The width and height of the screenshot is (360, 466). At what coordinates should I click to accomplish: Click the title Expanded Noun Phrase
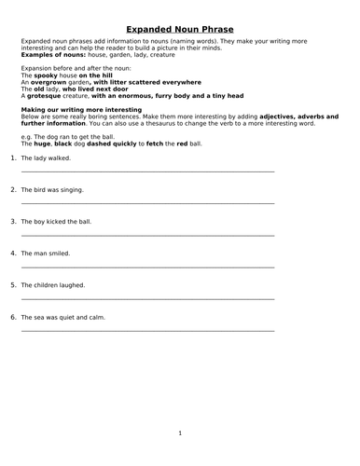tap(180, 29)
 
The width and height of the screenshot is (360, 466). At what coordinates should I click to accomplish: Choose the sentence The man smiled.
tap(45, 254)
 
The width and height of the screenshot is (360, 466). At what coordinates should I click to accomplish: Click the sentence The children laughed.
tap(53, 285)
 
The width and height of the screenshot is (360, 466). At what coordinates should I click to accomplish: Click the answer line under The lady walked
tap(147, 171)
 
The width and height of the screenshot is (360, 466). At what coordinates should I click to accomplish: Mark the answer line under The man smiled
tap(147, 267)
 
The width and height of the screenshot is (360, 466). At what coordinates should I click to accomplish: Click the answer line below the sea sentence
tap(147, 331)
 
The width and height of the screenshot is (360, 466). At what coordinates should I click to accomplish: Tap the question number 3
tap(13, 222)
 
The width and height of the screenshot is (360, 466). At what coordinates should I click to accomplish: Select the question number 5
tap(13, 285)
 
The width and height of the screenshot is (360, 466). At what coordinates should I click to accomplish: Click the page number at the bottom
tap(180, 432)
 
